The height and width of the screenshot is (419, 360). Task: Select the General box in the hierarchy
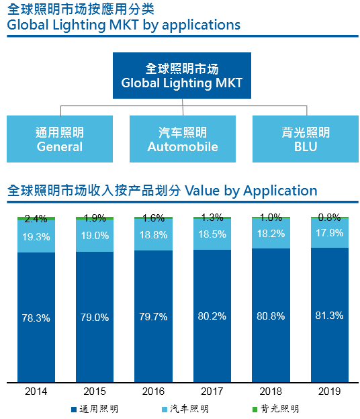(60, 139)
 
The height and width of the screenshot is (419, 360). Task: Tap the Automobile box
(182, 139)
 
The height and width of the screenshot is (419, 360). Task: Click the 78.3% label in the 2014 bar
(36, 318)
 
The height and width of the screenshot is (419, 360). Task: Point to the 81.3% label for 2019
(330, 314)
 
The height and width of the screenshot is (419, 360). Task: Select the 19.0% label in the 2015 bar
(95, 236)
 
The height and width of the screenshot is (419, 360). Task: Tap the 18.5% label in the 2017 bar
(213, 234)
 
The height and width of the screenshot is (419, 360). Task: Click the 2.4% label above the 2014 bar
(36, 218)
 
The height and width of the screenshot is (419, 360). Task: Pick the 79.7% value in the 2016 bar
(154, 317)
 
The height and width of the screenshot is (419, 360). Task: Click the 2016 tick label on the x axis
(154, 391)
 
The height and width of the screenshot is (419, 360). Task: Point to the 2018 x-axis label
(271, 391)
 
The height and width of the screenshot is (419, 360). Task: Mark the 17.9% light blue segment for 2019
(330, 233)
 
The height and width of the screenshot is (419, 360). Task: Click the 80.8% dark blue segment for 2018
(271, 315)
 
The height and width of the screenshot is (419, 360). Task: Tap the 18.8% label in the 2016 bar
(154, 235)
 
